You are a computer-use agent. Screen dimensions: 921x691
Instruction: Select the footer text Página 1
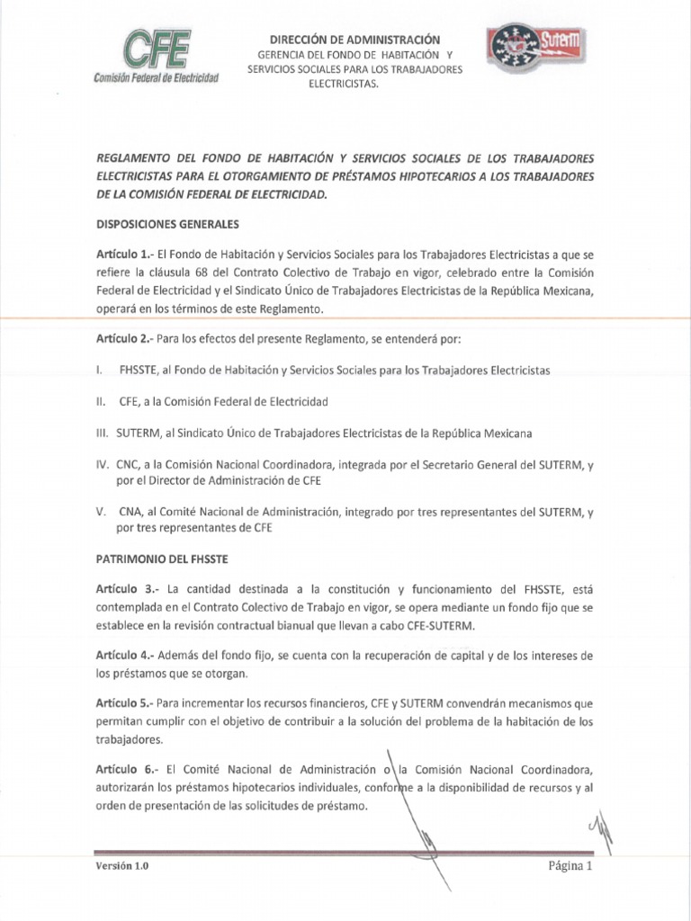(x=570, y=867)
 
